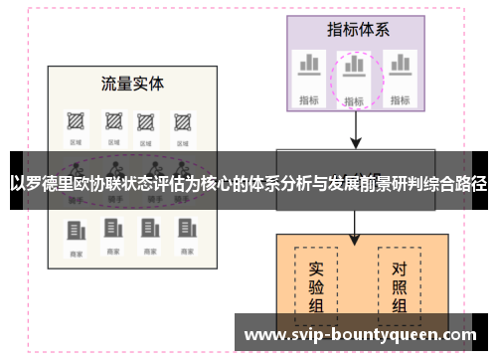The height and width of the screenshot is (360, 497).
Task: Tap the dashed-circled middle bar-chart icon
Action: click(x=354, y=67)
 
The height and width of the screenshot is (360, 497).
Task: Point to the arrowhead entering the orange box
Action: click(x=355, y=238)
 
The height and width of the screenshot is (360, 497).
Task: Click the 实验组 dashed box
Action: click(x=316, y=281)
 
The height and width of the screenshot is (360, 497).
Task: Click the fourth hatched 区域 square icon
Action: click(x=182, y=121)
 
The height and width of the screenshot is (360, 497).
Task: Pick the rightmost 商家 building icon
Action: click(x=183, y=233)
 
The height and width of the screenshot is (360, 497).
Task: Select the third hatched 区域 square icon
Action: click(x=147, y=121)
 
